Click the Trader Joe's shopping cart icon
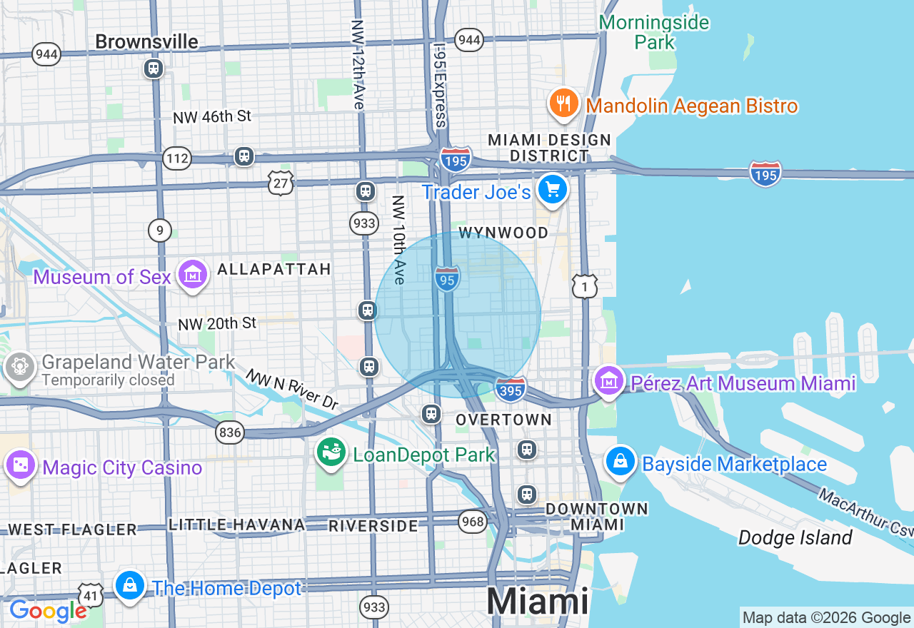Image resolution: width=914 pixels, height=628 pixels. (553, 190)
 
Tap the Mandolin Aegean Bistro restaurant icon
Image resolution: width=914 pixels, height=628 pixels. (564, 103)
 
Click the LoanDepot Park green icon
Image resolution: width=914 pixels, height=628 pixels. (331, 452)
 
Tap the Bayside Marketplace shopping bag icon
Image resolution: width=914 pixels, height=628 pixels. (621, 462)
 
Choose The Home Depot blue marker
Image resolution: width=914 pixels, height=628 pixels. (130, 585)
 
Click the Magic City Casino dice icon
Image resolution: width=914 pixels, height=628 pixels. (20, 465)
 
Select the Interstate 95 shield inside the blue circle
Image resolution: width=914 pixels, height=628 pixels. (446, 279)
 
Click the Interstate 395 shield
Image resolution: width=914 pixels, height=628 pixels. (511, 389)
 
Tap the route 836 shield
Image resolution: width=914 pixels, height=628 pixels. (231, 432)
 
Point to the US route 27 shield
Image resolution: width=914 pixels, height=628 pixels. (281, 182)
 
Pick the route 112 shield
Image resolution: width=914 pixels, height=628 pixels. (176, 158)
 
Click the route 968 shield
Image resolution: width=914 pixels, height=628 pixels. (473, 521)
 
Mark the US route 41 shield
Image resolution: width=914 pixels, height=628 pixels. (91, 594)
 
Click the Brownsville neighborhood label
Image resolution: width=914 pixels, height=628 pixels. (146, 42)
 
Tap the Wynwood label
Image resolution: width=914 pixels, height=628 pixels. (503, 233)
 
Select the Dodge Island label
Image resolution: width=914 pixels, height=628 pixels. (795, 537)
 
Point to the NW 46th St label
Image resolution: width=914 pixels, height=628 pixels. (213, 116)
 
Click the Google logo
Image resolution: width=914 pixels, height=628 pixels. (48, 611)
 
